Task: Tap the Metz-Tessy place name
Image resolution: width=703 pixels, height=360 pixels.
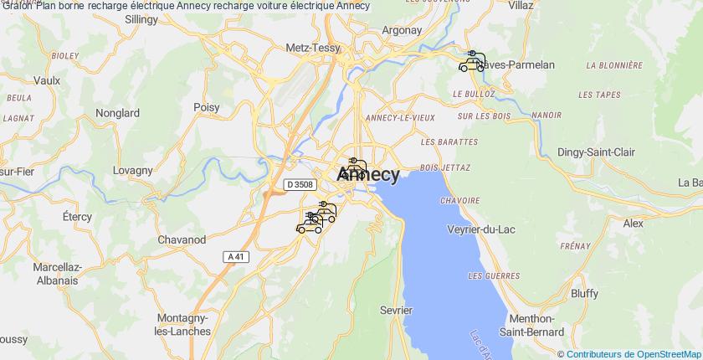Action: tap(314, 48)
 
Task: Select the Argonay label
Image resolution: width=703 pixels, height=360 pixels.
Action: tap(402, 29)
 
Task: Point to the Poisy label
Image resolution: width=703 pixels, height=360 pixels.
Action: tap(206, 107)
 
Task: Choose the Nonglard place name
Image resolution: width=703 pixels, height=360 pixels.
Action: tap(118, 112)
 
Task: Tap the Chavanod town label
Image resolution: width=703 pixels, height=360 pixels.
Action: tap(182, 239)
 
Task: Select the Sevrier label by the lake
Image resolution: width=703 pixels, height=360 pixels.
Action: tap(396, 310)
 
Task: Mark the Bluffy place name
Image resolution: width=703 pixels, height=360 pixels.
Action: tap(583, 293)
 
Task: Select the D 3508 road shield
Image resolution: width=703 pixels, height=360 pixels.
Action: tap(299, 184)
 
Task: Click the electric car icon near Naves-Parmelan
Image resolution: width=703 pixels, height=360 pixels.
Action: tap(472, 61)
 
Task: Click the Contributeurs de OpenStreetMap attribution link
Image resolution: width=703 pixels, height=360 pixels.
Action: tap(633, 354)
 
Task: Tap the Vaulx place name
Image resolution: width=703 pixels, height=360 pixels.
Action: tap(47, 80)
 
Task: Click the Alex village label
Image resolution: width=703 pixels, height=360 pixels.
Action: tap(633, 224)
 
